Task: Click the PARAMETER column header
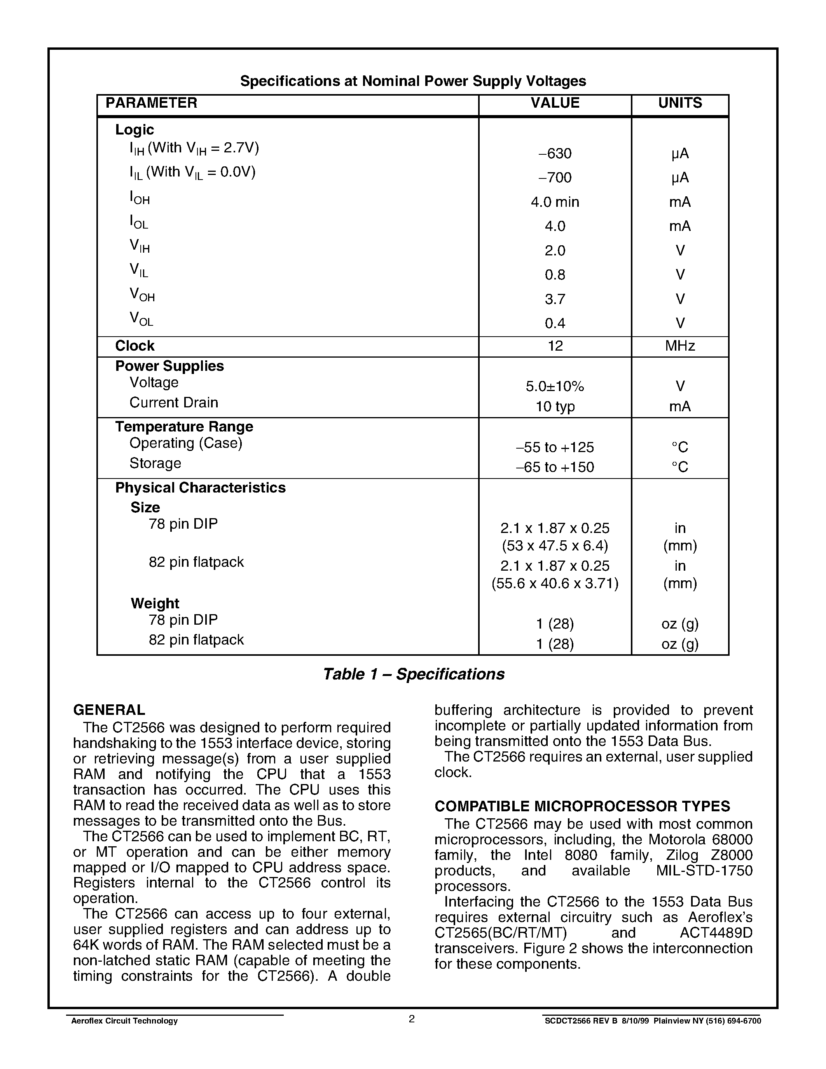151,103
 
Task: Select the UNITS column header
680,103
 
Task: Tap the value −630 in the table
555,154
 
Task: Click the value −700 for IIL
555,178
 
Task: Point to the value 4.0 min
555,202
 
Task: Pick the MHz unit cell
680,346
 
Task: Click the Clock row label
134,346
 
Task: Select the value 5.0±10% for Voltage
555,387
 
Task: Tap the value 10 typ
555,407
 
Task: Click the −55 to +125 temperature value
555,447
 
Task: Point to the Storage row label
155,463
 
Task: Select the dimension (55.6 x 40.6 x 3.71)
555,583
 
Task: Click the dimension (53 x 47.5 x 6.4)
555,545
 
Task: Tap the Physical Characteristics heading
200,488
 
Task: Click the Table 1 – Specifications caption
414,674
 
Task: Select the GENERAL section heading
109,710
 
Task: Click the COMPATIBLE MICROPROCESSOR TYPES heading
582,806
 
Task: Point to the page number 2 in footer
412,1019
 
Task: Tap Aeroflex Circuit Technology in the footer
124,1021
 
